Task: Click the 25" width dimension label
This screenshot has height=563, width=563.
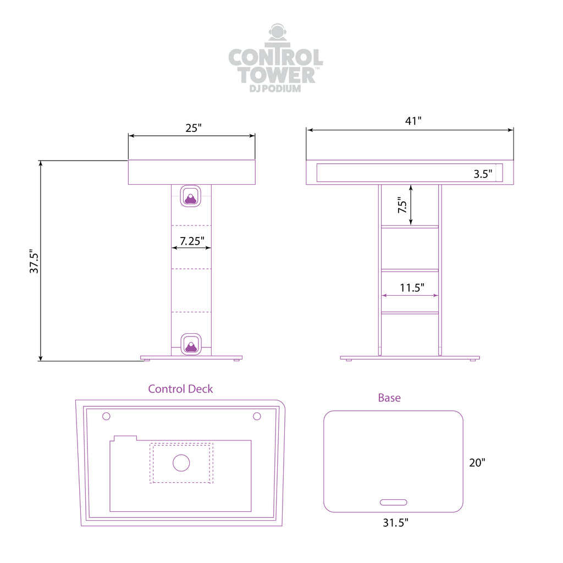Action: coord(194,128)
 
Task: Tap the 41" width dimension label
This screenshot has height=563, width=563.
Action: coord(413,121)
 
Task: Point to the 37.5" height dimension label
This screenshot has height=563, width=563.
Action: coord(34,261)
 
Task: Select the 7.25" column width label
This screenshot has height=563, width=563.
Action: coord(192,241)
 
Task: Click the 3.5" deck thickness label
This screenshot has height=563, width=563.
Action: coord(483,174)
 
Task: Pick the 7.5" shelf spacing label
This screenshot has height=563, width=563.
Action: coord(402,205)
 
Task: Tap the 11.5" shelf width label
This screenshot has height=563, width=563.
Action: coord(412,288)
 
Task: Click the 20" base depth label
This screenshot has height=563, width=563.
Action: coord(477,462)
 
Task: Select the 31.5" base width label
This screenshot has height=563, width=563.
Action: coord(395,522)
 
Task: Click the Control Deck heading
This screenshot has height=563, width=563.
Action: coord(180,389)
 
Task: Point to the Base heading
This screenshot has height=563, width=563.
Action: coord(389,398)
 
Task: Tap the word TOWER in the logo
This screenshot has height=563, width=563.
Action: coord(276,75)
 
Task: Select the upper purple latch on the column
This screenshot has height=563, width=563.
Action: coord(190,196)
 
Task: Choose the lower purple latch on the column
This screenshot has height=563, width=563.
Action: coord(191,344)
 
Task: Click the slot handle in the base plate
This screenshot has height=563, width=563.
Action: coord(394,503)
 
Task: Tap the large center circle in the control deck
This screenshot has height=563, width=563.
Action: coord(181,463)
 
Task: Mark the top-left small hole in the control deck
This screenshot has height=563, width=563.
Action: coord(106,416)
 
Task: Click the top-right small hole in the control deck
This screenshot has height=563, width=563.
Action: coord(257,416)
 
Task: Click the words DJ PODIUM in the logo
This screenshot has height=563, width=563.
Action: coord(275,89)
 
